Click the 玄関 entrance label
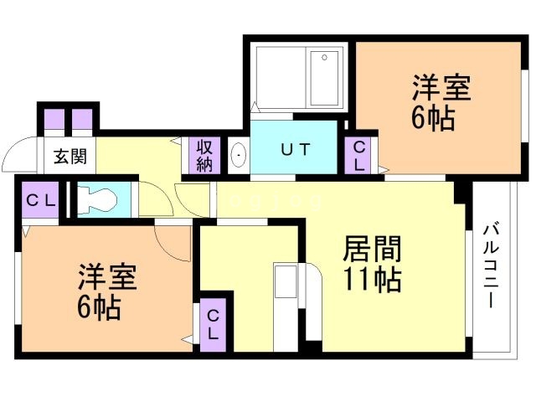pos(70,156)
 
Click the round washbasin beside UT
pos(239,155)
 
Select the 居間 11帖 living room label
pos(371,264)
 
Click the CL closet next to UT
pos(359,155)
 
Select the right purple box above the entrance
pos(82,119)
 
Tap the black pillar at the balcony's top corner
pos(460,192)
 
